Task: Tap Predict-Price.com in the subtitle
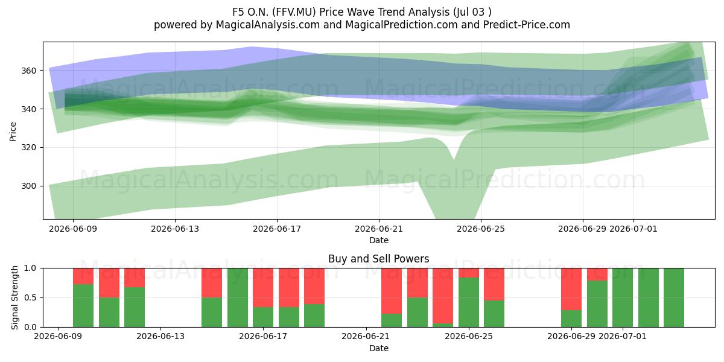pyautogui.click(x=527, y=25)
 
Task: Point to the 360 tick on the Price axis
pyautogui.click(x=29, y=71)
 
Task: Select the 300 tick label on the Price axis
pyautogui.click(x=29, y=186)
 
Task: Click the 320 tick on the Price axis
pyautogui.click(x=29, y=148)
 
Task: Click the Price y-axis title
pyautogui.click(x=13, y=132)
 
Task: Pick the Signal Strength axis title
pyautogui.click(x=14, y=297)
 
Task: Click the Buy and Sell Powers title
pyautogui.click(x=378, y=259)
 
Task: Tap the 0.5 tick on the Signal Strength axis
pyautogui.click(x=30, y=297)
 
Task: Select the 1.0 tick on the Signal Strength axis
pyautogui.click(x=30, y=268)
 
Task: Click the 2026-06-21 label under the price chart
pyautogui.click(x=379, y=229)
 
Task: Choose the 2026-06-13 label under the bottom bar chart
pyautogui.click(x=160, y=337)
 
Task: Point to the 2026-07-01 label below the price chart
pyautogui.click(x=633, y=229)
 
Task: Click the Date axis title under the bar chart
pyautogui.click(x=379, y=348)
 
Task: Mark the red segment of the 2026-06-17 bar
pyautogui.click(x=263, y=288)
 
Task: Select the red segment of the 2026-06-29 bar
pyautogui.click(x=571, y=289)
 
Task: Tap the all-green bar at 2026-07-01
pyautogui.click(x=623, y=297)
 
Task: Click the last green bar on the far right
pyautogui.click(x=674, y=297)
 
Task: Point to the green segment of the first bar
pyautogui.click(x=83, y=306)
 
